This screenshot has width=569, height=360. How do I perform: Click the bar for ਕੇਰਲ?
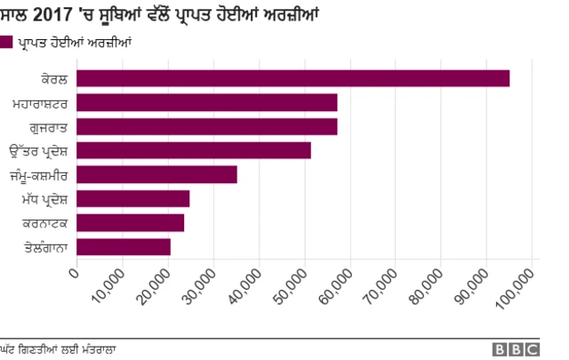tap(293, 78)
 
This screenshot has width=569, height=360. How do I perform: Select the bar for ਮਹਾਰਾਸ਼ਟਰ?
tap(207, 102)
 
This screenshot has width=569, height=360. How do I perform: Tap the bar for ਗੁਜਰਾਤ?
tap(207, 126)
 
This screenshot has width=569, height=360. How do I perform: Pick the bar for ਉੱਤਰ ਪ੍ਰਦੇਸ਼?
tap(194, 150)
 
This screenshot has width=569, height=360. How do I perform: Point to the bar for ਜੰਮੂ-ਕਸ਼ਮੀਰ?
tap(156, 174)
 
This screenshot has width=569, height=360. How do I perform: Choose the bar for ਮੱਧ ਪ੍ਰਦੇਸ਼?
tap(133, 198)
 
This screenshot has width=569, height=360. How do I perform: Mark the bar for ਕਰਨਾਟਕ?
tap(131, 222)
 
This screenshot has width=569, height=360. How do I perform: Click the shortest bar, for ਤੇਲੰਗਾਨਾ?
tap(124, 246)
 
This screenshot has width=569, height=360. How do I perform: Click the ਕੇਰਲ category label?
tap(54, 79)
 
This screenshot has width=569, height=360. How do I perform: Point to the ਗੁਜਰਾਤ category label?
tap(48, 126)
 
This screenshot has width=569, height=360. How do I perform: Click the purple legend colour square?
tap(7, 41)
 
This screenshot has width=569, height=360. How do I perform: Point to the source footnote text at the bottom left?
tap(59, 348)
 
